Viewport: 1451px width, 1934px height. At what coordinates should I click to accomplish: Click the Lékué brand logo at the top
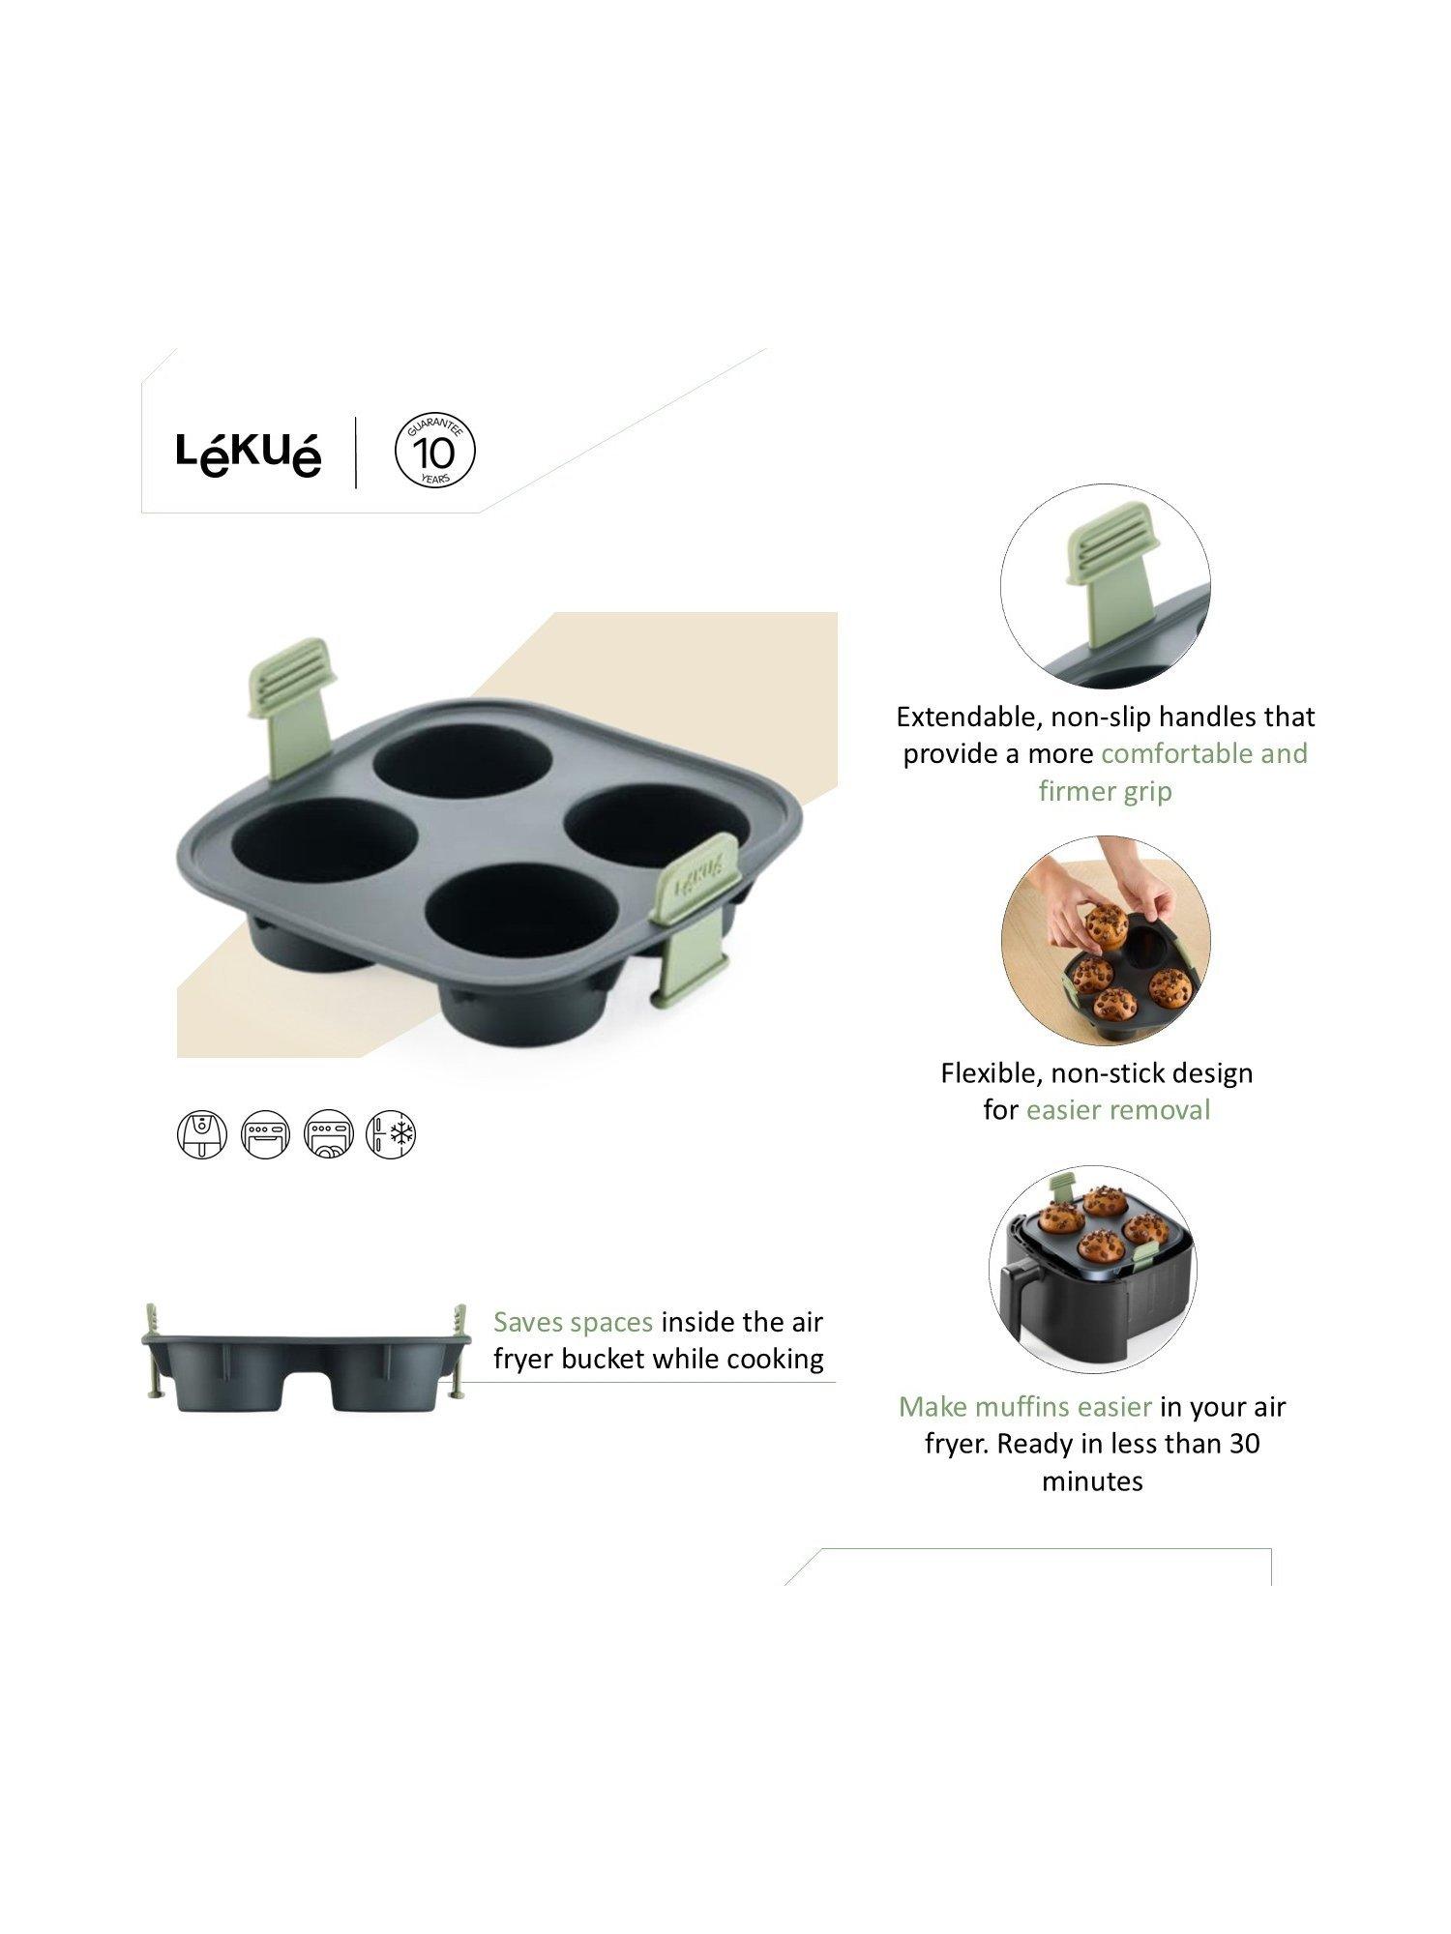coord(249,453)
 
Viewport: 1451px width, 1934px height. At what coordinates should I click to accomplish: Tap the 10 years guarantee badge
coord(436,452)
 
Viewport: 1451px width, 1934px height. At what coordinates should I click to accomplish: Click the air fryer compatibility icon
coord(202,1134)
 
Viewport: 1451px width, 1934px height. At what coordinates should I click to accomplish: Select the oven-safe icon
coord(266,1134)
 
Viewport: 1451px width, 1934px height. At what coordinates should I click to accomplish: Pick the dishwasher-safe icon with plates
coord(329,1134)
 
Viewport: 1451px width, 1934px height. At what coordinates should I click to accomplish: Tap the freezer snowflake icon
coord(392,1134)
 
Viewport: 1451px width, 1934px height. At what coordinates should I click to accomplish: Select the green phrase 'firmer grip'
coord(1105,791)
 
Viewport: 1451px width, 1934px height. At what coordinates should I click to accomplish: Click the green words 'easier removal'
coord(1118,1109)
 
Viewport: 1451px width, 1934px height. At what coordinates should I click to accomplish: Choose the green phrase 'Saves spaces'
coord(574,1322)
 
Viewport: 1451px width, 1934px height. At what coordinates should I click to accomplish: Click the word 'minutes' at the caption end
coord(1092,1481)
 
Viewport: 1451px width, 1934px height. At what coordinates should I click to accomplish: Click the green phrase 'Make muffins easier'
coord(1025,1407)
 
